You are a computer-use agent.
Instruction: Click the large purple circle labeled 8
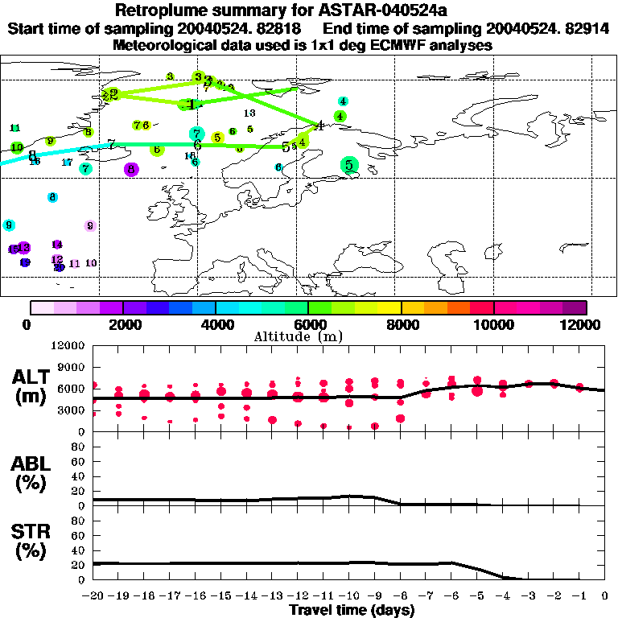(131, 169)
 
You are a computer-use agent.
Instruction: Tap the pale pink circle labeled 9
(90, 226)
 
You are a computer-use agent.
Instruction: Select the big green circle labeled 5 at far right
(348, 166)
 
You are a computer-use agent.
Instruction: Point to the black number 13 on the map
(249, 113)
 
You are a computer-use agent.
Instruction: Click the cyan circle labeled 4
(343, 101)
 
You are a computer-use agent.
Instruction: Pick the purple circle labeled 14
(57, 245)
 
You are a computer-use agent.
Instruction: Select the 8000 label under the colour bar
(400, 324)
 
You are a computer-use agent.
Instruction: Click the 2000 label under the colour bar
(122, 324)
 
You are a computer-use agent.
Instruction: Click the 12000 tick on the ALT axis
(69, 346)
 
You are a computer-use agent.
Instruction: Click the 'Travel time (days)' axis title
(352, 611)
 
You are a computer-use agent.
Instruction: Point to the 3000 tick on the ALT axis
(72, 410)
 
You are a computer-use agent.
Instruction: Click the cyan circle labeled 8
(52, 197)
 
